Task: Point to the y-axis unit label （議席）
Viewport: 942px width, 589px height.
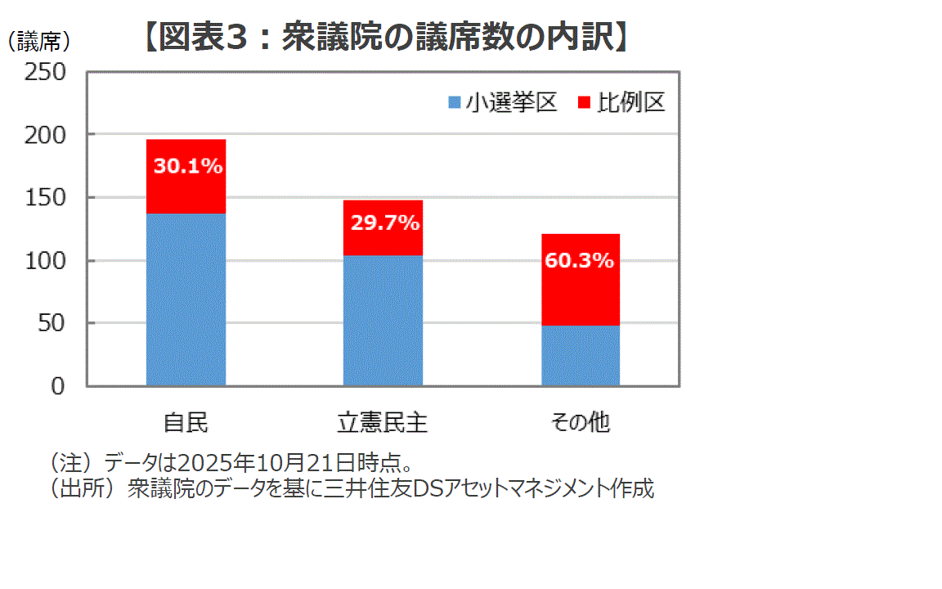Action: pyautogui.click(x=38, y=41)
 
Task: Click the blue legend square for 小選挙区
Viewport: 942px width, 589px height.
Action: pyautogui.click(x=455, y=103)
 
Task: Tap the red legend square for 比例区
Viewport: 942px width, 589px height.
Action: pyautogui.click(x=584, y=103)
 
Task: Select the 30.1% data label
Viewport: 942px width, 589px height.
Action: pyautogui.click(x=188, y=167)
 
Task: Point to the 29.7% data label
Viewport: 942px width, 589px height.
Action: pyautogui.click(x=384, y=223)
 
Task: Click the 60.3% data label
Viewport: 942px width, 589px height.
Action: pyautogui.click(x=579, y=262)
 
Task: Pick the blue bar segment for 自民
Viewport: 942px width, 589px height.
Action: pyautogui.click(x=186, y=299)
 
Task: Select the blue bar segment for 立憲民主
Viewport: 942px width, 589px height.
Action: pyautogui.click(x=383, y=320)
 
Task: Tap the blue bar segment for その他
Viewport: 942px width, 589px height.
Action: pyautogui.click(x=580, y=356)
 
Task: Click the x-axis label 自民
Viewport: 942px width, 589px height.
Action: pyautogui.click(x=186, y=423)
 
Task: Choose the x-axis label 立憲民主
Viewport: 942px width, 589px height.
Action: pyautogui.click(x=383, y=423)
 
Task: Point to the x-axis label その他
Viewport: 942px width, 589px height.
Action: pyautogui.click(x=580, y=423)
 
